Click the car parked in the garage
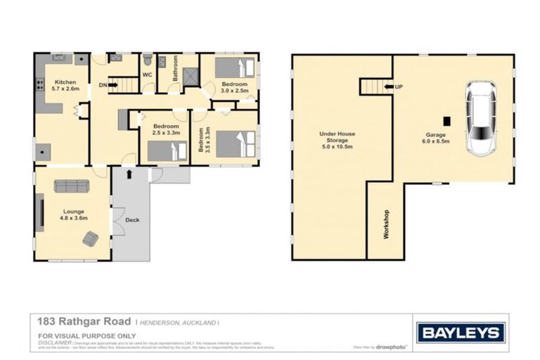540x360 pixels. pos(481,119)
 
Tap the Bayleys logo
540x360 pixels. pos(461,332)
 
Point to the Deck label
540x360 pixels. pos(132,220)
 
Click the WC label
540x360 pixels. pos(147,75)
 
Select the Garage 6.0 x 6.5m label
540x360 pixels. pos(437,137)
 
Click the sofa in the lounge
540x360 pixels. pos(72,186)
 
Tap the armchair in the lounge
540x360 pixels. pos(91,239)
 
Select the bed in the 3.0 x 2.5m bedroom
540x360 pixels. pos(236,68)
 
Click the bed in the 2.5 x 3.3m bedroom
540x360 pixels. pos(172,150)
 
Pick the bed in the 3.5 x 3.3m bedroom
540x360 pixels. pos(235,144)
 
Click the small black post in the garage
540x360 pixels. pos(446,120)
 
